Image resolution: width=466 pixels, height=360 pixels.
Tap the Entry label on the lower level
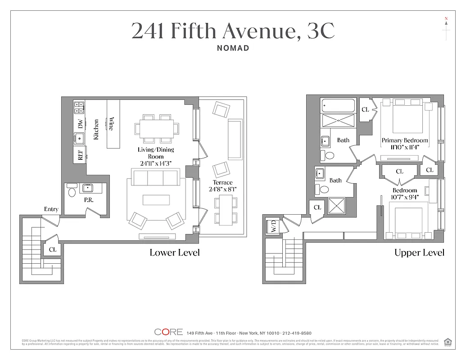click(51, 209)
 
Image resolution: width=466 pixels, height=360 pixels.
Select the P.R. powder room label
click(89, 200)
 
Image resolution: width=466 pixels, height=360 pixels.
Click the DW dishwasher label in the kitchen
click(80, 124)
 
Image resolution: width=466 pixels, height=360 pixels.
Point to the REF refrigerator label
click(80, 155)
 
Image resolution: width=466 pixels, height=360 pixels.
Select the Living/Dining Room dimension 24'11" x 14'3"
click(156, 164)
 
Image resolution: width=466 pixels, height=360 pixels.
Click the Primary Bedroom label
click(405, 140)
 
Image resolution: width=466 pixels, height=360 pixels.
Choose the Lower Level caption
click(175, 252)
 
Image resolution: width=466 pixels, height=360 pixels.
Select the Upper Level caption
click(419, 252)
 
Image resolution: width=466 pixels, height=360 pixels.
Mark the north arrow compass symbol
click(446, 28)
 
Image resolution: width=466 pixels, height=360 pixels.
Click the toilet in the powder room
click(72, 193)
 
